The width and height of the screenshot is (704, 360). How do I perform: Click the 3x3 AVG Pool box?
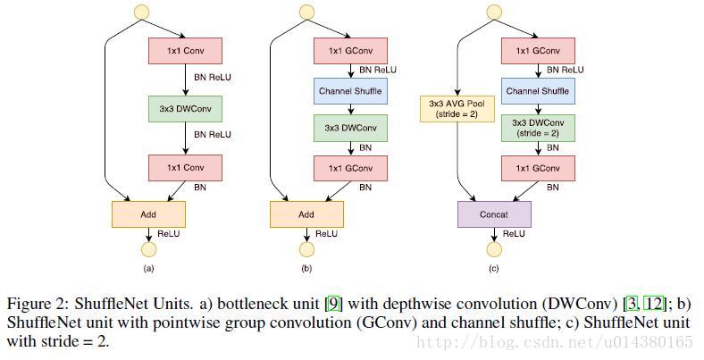457,109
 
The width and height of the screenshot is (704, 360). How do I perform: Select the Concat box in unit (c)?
494,214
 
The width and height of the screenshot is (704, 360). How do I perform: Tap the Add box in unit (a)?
148,214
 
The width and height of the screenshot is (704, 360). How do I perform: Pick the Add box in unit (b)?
306,214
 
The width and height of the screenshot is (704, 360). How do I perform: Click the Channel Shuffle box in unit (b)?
349,91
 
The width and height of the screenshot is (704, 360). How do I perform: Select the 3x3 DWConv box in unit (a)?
183,109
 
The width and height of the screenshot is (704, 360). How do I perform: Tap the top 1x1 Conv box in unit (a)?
183,50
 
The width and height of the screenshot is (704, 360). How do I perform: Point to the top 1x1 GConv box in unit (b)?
349,50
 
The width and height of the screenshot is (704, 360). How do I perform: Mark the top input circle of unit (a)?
140,12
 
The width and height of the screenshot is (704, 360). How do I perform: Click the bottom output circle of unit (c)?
494,249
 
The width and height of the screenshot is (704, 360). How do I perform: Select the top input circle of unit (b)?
306,12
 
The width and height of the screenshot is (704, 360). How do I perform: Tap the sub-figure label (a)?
148,268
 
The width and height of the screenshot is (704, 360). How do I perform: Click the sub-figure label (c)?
494,268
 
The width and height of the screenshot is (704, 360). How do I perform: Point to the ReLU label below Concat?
514,233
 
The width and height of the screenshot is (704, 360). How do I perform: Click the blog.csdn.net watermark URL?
554,342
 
